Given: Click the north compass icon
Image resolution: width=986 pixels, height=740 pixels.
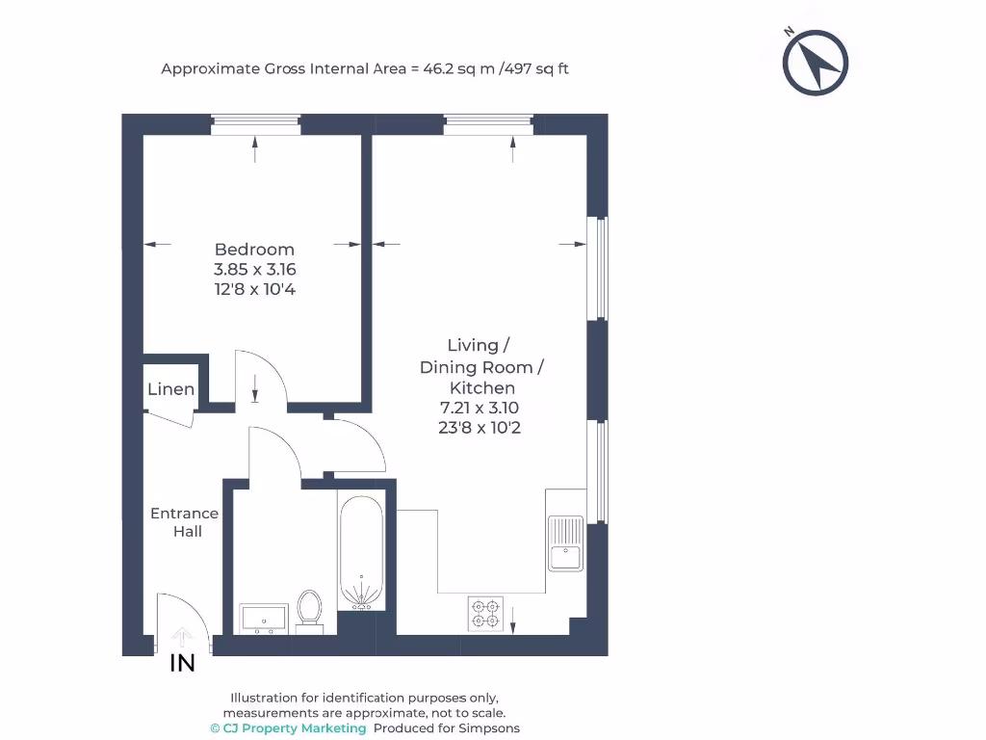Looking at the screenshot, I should (816, 63).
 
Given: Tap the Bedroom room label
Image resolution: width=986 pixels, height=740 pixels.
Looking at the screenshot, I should (254, 250).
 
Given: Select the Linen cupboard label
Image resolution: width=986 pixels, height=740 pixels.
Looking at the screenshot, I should (171, 390).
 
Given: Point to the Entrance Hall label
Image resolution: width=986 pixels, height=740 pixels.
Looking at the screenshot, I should (185, 522).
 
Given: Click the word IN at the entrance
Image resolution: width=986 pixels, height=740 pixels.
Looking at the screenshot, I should (182, 663).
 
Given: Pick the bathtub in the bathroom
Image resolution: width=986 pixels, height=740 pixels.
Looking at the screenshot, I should (361, 553).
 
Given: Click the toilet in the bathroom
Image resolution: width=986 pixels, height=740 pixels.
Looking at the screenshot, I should (309, 609).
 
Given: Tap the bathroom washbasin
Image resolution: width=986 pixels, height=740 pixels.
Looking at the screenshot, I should (264, 618).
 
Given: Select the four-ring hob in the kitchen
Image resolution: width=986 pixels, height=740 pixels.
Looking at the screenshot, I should (485, 614).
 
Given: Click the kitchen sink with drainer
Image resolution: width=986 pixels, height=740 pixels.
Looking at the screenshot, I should (565, 543).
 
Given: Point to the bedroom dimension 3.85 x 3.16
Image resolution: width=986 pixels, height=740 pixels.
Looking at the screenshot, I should (254, 270).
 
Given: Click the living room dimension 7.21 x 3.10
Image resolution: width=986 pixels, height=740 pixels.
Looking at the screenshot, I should (479, 408).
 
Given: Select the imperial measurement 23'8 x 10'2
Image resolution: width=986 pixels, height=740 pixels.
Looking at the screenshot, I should (479, 428).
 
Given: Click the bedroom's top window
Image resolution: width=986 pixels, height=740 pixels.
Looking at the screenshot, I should (255, 124).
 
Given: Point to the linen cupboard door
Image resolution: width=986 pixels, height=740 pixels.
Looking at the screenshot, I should (169, 418).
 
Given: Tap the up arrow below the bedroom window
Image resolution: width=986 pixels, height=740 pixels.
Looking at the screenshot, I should (255, 149).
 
